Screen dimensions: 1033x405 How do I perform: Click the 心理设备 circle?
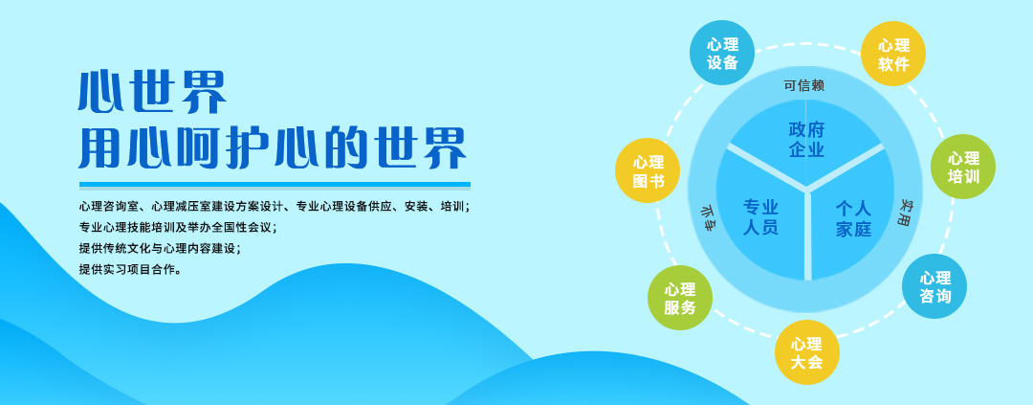click(x=722, y=53)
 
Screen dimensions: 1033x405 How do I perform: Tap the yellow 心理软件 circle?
click(x=893, y=54)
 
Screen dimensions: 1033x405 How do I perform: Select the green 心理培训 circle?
click(x=963, y=167)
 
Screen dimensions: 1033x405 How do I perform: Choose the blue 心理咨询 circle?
click(x=934, y=286)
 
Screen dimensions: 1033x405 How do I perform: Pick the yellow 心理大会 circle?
click(x=806, y=352)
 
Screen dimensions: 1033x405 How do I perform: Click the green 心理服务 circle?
click(x=680, y=298)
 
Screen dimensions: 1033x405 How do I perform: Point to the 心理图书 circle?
click(x=648, y=170)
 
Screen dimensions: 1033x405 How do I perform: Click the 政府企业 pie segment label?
click(x=806, y=139)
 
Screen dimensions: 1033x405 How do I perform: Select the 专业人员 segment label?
click(x=761, y=217)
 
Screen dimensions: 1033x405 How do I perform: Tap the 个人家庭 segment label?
click(x=853, y=218)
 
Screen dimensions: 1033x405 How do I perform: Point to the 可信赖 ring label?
click(x=804, y=85)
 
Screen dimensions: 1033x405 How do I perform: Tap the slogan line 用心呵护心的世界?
click(x=273, y=148)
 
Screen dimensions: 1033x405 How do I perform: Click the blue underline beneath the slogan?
click(x=275, y=186)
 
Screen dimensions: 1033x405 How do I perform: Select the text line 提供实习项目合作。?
click(x=130, y=269)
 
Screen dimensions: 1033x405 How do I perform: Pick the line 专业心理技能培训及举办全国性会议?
click(x=178, y=227)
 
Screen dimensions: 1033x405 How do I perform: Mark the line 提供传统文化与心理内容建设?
click(x=160, y=248)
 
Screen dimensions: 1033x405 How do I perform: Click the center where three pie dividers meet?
click(x=805, y=191)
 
